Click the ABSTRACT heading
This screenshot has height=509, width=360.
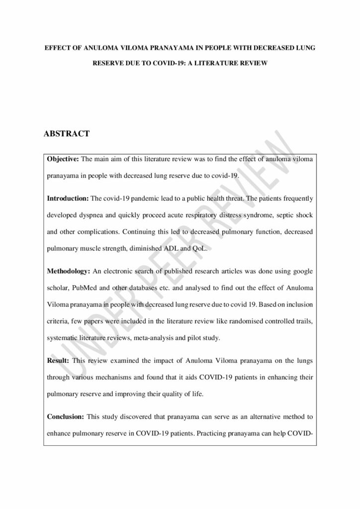[x=67, y=134]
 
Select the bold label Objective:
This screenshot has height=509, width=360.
[x=63, y=159]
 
